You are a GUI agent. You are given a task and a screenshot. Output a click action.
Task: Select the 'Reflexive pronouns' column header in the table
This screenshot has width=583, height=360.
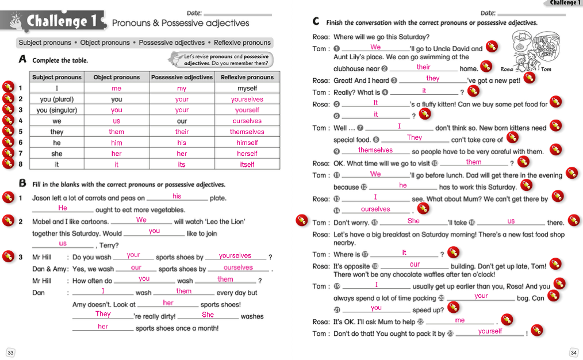(247, 77)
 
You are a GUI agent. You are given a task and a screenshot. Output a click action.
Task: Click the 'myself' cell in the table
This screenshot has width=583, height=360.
(247, 89)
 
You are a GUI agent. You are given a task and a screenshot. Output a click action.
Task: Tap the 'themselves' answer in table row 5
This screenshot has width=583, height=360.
(247, 132)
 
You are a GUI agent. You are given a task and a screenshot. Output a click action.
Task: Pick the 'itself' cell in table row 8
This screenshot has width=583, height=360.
(247, 164)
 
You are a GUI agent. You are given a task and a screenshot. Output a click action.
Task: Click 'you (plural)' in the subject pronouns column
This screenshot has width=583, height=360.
(57, 99)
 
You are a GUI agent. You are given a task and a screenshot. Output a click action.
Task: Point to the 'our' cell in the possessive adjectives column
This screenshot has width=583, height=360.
(182, 121)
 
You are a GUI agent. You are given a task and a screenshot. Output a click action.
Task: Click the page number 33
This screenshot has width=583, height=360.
(10, 352)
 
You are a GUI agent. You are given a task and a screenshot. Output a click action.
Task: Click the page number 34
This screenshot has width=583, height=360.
(573, 352)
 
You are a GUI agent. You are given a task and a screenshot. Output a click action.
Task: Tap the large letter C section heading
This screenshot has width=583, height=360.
(316, 22)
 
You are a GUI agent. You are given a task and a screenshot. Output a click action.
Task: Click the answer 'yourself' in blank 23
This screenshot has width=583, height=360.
(490, 331)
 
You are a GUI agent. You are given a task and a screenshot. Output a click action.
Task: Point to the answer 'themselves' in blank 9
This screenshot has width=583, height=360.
(375, 150)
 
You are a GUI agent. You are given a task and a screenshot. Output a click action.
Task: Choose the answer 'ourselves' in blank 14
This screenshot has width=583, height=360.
(375, 209)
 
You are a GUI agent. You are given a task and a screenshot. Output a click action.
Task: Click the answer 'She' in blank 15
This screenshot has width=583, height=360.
(413, 221)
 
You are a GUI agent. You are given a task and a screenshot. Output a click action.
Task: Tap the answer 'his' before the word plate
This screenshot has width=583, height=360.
(177, 196)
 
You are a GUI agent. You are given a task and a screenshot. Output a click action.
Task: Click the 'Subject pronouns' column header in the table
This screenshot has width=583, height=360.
(57, 77)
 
